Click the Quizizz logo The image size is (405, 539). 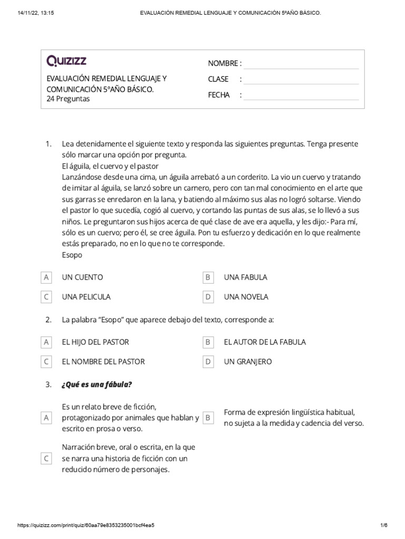(x=67, y=62)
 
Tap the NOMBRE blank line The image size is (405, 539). (x=301, y=64)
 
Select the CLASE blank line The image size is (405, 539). (x=301, y=79)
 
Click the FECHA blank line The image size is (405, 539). (x=301, y=95)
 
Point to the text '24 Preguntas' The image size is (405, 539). (x=69, y=99)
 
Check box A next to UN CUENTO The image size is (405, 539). (x=46, y=277)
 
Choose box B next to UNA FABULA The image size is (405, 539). (x=208, y=277)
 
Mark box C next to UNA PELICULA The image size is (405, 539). (x=46, y=297)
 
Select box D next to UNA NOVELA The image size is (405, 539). (x=208, y=297)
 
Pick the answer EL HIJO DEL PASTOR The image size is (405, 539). (x=95, y=342)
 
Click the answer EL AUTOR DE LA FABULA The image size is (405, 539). (x=264, y=342)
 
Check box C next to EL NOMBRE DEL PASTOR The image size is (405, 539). (x=46, y=362)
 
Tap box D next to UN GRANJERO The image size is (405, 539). (x=208, y=362)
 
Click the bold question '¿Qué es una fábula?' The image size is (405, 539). (x=97, y=384)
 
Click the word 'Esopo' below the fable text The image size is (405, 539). (x=72, y=255)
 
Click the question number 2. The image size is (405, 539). (x=48, y=320)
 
